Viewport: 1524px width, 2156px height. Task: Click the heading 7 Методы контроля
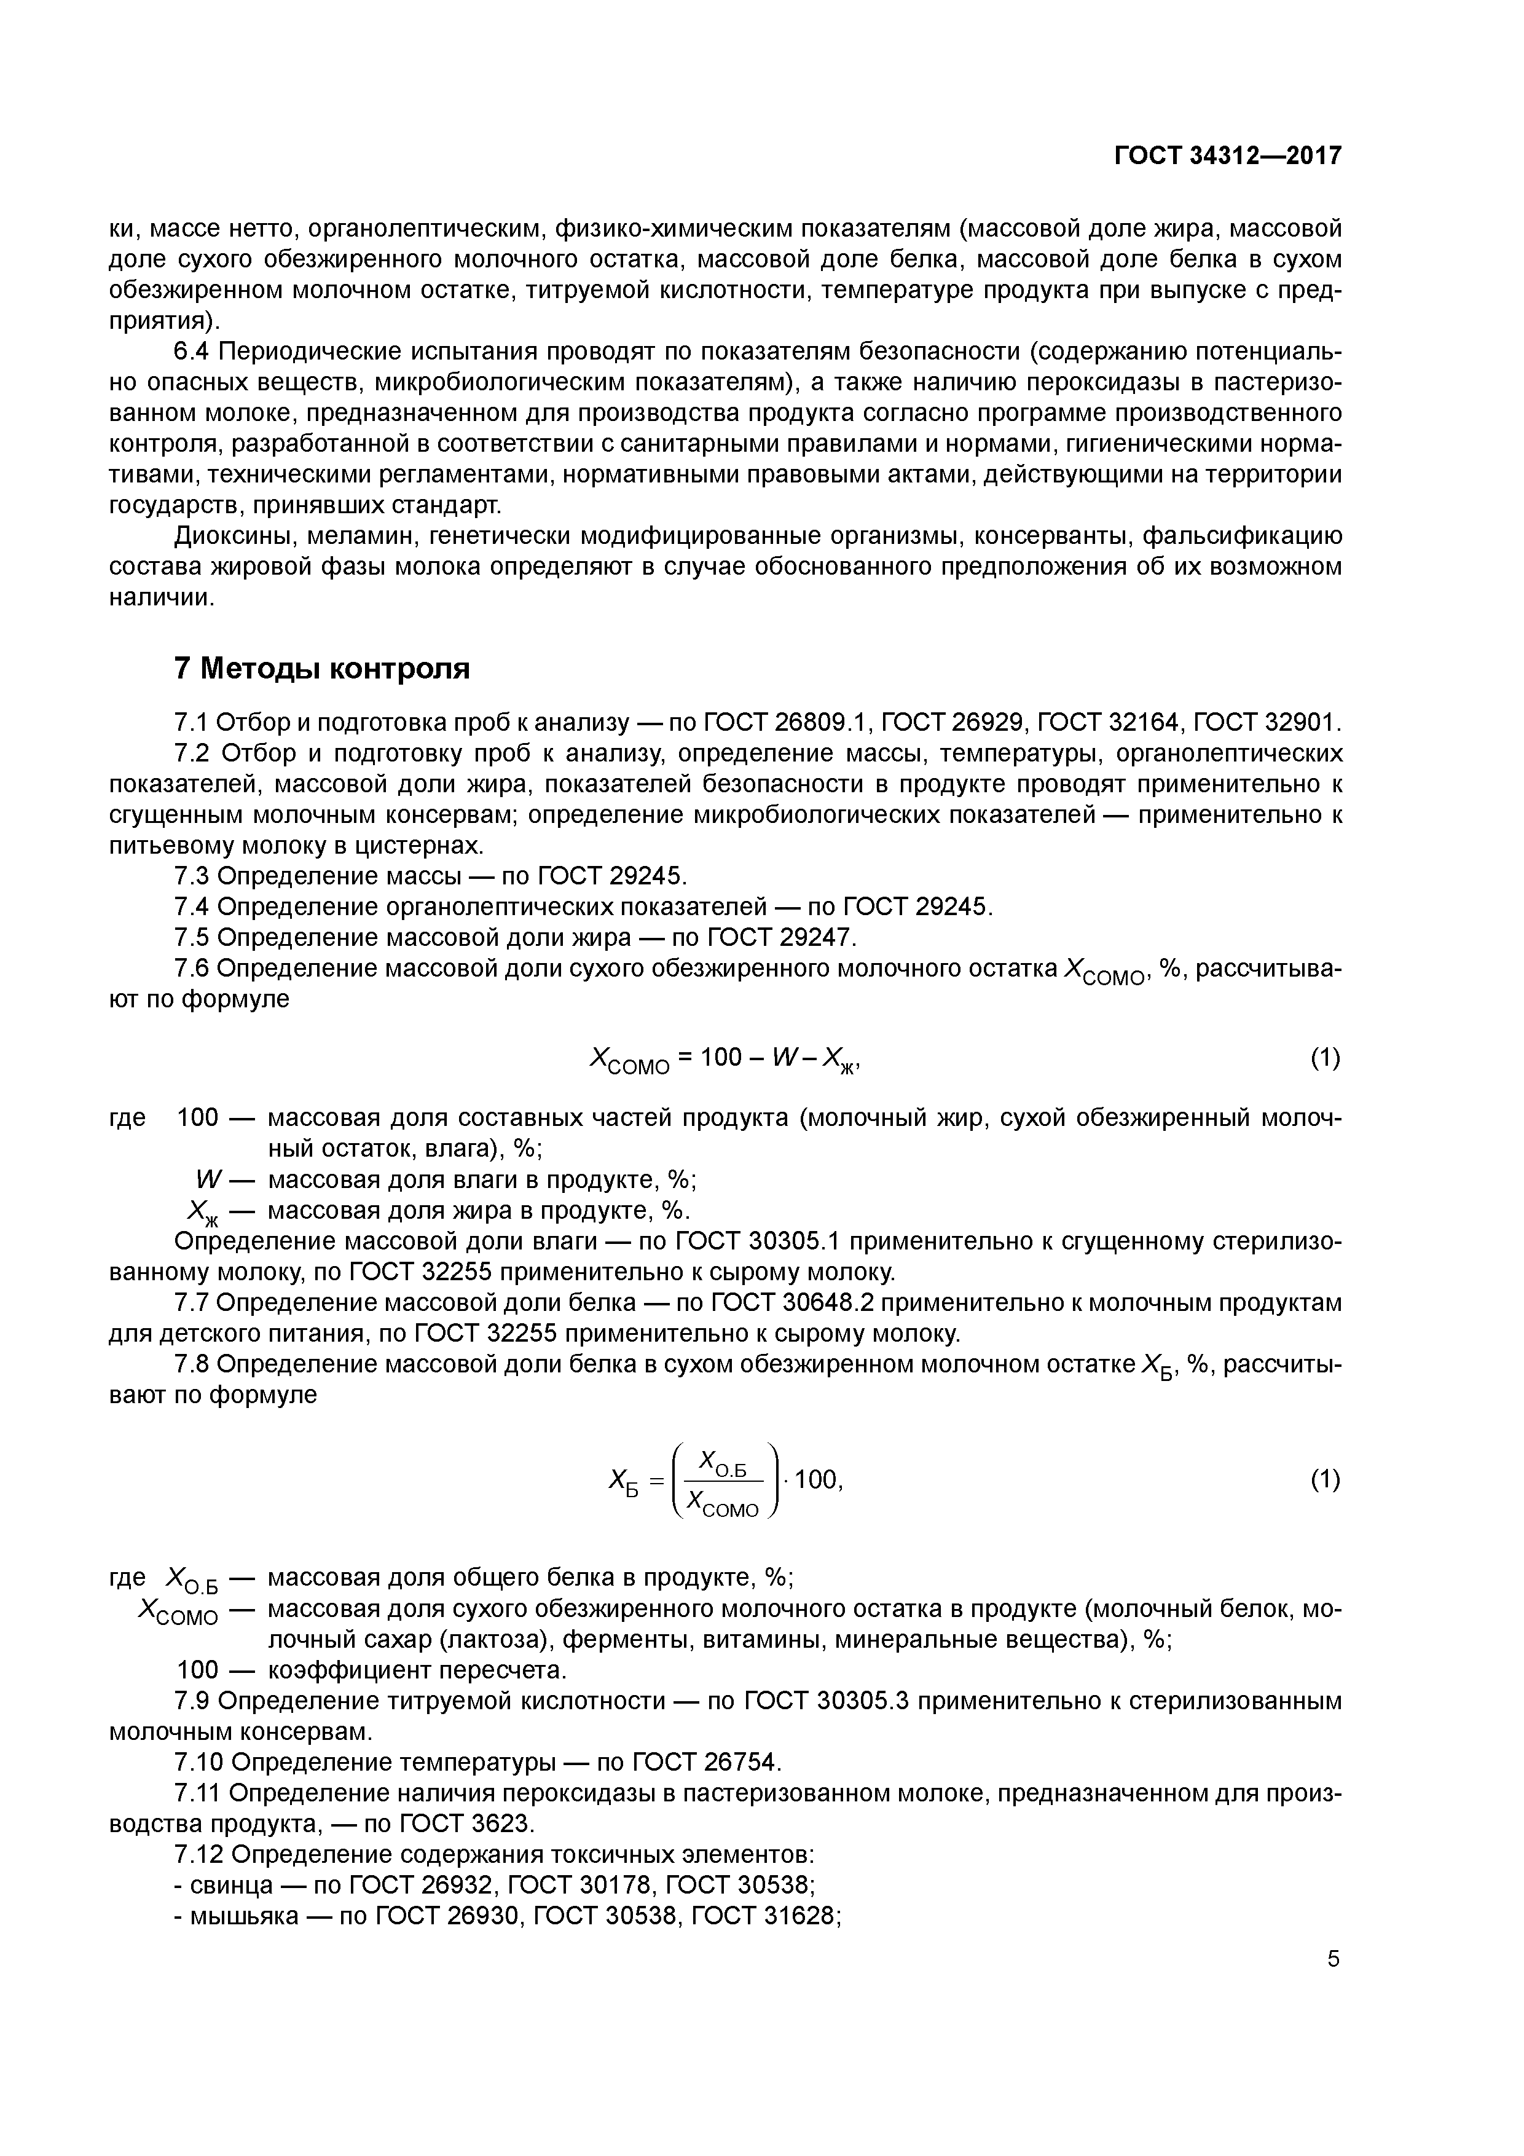pyautogui.click(x=321, y=669)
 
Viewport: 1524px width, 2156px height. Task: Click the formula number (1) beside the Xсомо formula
pyautogui.click(x=1325, y=1058)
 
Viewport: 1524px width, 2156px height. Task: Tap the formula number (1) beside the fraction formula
pyautogui.click(x=1325, y=1480)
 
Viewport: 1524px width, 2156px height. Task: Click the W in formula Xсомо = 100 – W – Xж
pyautogui.click(x=783, y=1058)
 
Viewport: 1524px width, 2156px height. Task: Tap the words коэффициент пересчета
pyautogui.click(x=418, y=1670)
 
